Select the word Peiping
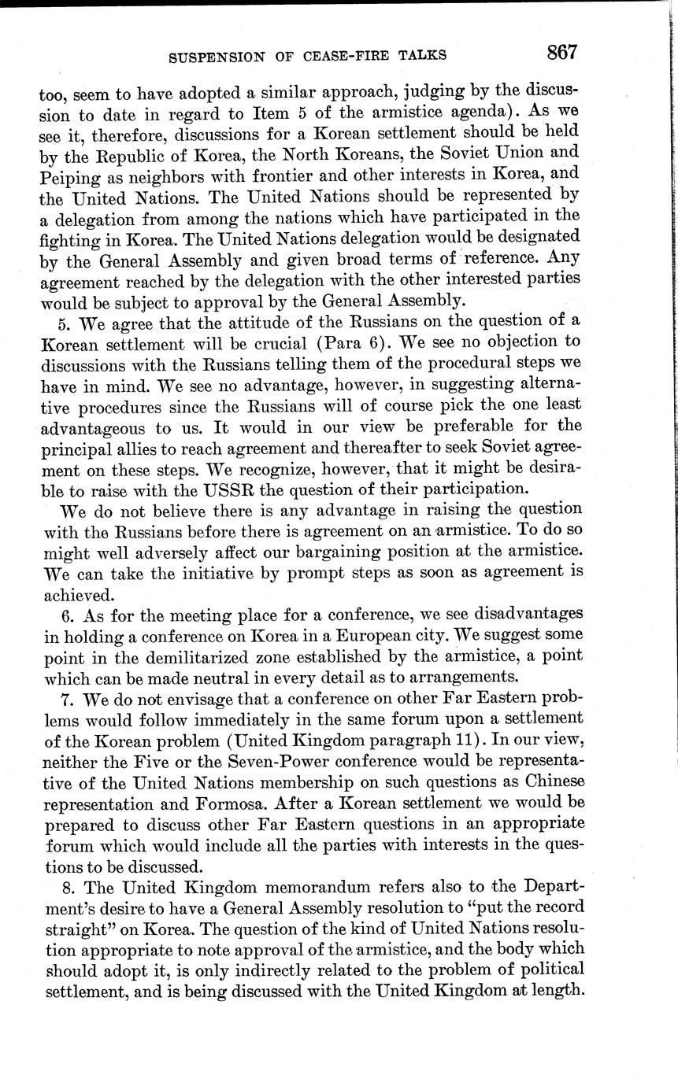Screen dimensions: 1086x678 (x=66, y=174)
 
